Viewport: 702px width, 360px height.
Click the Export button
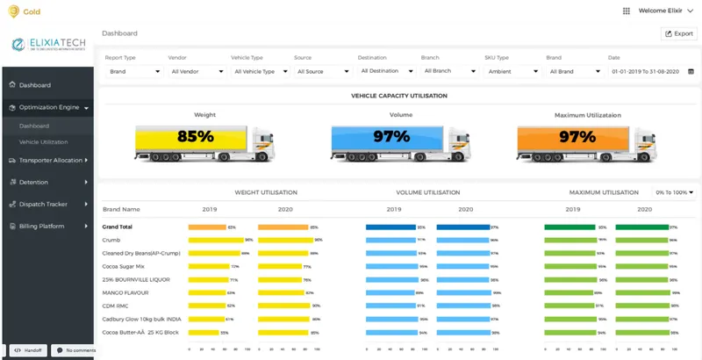(679, 33)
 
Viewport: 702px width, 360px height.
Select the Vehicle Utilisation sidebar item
(43, 141)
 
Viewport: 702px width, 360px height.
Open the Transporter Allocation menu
(50, 161)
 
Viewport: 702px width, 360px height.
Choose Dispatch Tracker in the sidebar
(43, 204)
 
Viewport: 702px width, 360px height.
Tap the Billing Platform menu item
(43, 226)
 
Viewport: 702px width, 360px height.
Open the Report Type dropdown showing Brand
(133, 71)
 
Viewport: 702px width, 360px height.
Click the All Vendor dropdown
(195, 71)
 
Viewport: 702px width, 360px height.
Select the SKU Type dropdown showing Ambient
(509, 71)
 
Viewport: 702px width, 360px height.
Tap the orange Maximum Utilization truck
(578, 138)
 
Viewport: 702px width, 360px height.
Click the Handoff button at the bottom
(27, 349)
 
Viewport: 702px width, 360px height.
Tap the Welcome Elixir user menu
(657, 11)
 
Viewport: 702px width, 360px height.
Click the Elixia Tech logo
(48, 45)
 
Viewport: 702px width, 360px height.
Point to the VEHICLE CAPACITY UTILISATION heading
(398, 95)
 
